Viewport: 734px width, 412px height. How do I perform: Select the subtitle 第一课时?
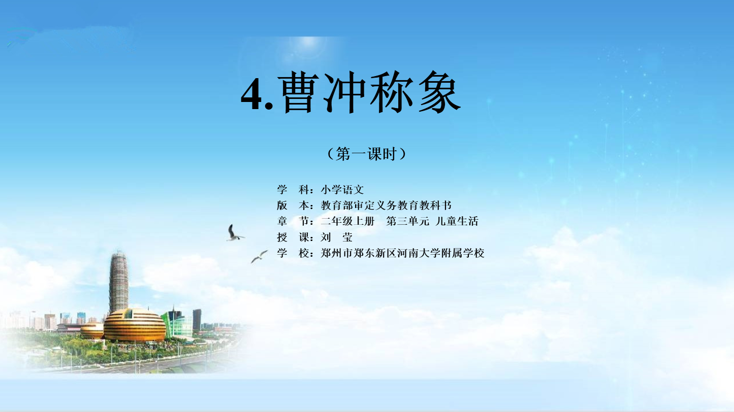tap(366, 154)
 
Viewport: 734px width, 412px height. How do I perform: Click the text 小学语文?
tap(342, 189)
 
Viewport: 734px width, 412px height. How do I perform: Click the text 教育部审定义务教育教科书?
tap(386, 205)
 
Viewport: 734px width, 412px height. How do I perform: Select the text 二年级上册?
tap(347, 221)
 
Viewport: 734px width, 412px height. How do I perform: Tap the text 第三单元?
tap(407, 221)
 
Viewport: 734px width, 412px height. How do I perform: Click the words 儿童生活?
tap(457, 221)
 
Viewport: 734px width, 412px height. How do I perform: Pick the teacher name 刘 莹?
tap(337, 237)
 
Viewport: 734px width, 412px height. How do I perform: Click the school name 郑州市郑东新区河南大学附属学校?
tap(402, 253)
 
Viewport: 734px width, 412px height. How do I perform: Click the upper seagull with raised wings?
tap(234, 233)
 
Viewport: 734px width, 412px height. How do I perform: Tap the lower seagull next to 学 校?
tap(259, 257)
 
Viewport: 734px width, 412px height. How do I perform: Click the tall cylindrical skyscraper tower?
tap(118, 282)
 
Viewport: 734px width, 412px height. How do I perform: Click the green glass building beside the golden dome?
tap(176, 324)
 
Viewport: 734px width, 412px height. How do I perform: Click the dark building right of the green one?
tap(197, 320)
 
